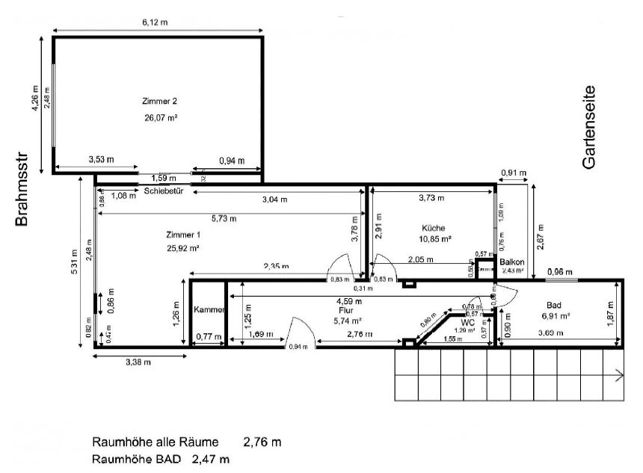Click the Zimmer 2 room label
point(159,101)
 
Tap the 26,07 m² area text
point(160,118)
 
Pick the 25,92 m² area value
point(182,248)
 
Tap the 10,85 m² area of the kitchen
point(434,239)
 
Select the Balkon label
point(512,262)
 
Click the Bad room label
point(554,305)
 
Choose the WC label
point(468,322)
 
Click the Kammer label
point(209,309)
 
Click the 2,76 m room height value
point(262,442)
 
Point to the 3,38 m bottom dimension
point(137,362)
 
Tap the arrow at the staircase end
point(619,375)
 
